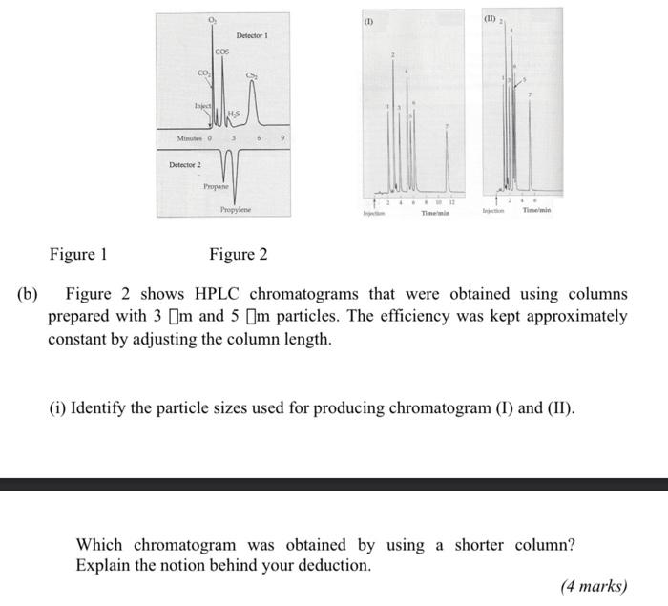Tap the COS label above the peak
tap(221, 51)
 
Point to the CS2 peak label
tap(252, 76)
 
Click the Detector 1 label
tap(252, 35)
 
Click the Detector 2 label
tap(184, 165)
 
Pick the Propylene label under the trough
tap(236, 209)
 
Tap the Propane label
tap(216, 186)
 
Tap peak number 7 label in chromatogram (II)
tap(531, 94)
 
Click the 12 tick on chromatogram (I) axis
tap(450, 203)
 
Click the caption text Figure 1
tap(78, 254)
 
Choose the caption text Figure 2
tap(238, 254)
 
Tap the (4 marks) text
tap(594, 585)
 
